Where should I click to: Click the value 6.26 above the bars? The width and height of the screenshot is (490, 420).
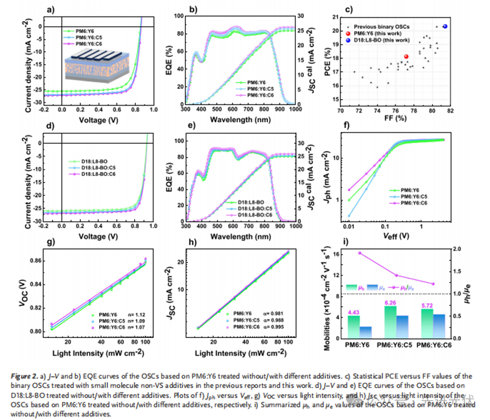coord(390,303)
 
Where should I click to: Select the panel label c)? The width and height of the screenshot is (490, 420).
coord(348,9)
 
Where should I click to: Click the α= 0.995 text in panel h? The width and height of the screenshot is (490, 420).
coord(277,327)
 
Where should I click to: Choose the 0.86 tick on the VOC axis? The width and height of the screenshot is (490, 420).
coord(47,260)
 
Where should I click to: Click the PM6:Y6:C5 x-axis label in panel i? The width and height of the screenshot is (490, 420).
coord(396,343)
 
